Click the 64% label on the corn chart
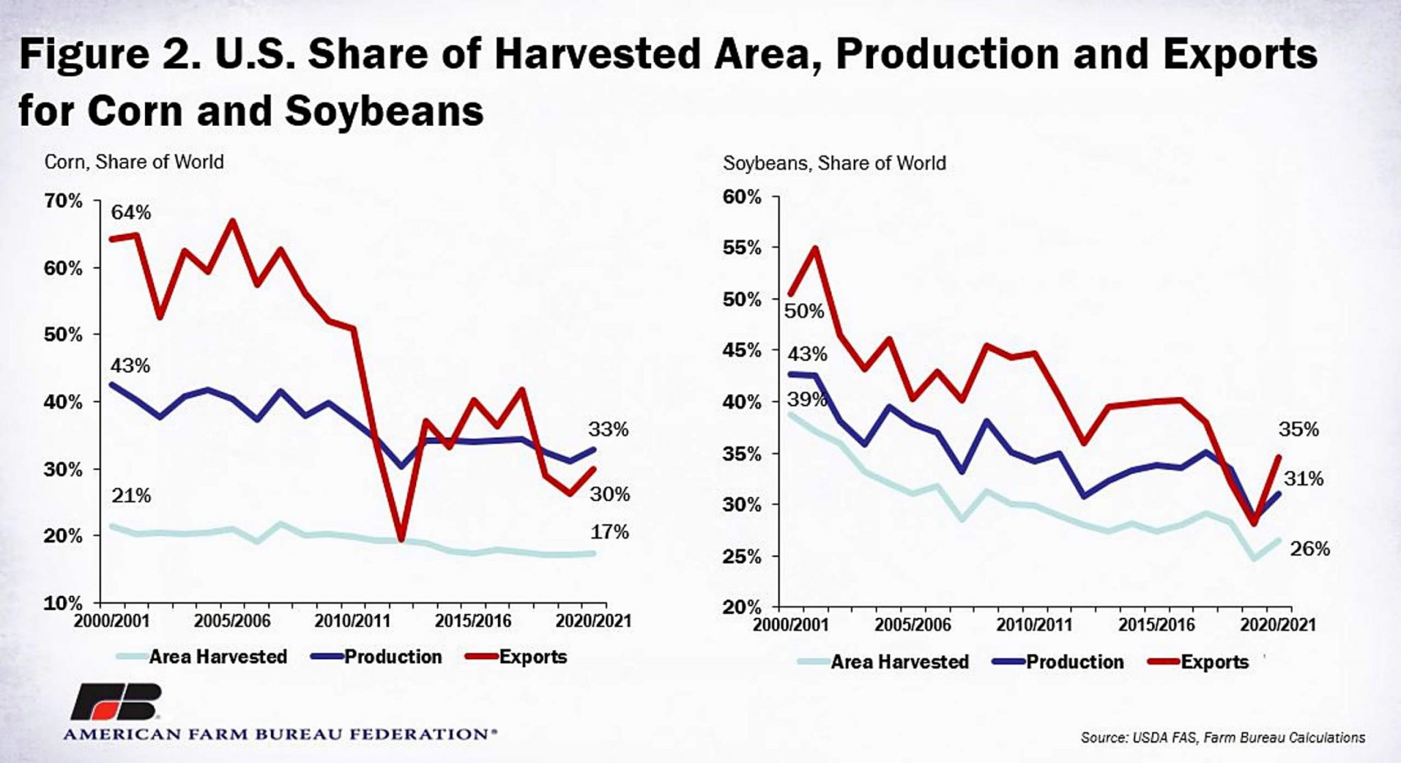coord(131,213)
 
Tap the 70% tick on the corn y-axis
coord(64,201)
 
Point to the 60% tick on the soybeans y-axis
coord(742,197)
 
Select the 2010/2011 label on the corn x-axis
coord(352,621)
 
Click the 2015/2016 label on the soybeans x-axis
coord(1156,625)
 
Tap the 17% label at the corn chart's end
coord(610,532)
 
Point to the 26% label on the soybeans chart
coord(1310,549)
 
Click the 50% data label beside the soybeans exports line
coord(804,311)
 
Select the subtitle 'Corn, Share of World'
coord(134,162)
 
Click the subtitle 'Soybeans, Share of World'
coord(835,164)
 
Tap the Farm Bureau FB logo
coord(116,701)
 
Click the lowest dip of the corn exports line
coord(402,540)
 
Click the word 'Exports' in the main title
coord(1240,55)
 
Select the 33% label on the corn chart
coord(608,430)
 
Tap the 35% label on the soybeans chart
coord(1298,429)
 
